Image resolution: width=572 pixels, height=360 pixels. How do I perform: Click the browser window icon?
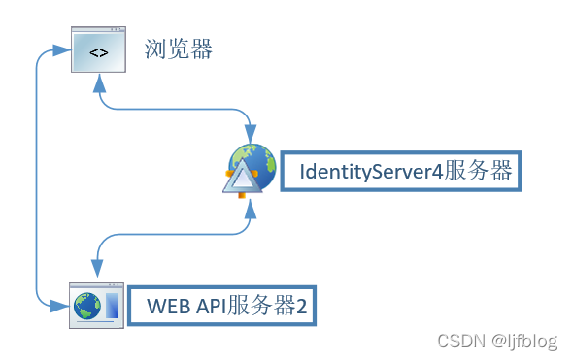tap(98, 49)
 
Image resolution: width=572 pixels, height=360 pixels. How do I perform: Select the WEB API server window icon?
tap(96, 306)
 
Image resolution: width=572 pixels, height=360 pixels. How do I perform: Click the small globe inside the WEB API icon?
tap(87, 308)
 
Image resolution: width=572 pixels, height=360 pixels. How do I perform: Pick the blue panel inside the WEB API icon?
tap(112, 308)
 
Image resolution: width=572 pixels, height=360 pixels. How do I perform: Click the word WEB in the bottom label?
tap(167, 308)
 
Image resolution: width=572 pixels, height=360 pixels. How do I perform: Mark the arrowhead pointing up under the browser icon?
tap(98, 82)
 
